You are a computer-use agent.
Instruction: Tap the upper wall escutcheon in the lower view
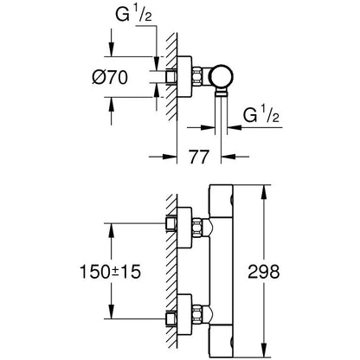(184, 225)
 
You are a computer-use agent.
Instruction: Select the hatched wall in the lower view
(173, 277)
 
